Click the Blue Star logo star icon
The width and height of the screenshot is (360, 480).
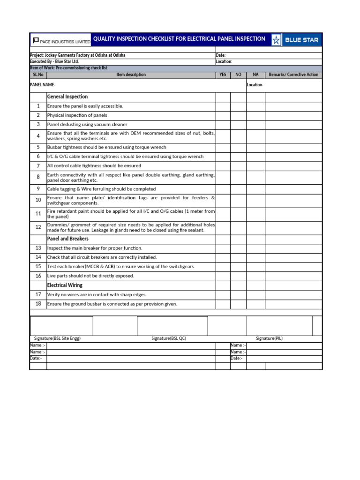pyautogui.click(x=276, y=40)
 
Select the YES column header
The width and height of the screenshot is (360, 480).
pyautogui.click(x=223, y=75)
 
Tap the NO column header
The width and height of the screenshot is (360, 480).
pyautogui.click(x=238, y=75)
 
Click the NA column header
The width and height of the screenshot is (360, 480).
pyautogui.click(x=255, y=75)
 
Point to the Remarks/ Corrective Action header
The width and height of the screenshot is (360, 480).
pyautogui.click(x=293, y=75)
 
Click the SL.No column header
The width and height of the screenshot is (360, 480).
pyautogui.click(x=38, y=75)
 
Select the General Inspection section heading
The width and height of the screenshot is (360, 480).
pyautogui.click(x=67, y=97)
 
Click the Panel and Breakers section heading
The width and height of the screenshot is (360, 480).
pyautogui.click(x=68, y=239)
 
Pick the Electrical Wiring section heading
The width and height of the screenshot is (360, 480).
pyautogui.click(x=65, y=285)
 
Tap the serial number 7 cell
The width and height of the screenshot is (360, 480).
pyautogui.click(x=38, y=166)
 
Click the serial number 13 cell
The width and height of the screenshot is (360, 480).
pyautogui.click(x=38, y=248)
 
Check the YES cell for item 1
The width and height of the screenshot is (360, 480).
pyautogui.click(x=223, y=106)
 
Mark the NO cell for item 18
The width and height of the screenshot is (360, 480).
pyautogui.click(x=238, y=304)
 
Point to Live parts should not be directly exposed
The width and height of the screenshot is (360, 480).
pyautogui.click(x=90, y=276)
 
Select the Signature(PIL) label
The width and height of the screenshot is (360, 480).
pyautogui.click(x=269, y=338)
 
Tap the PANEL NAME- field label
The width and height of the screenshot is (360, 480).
pyautogui.click(x=43, y=85)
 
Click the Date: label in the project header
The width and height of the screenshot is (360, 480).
pyautogui.click(x=221, y=55)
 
